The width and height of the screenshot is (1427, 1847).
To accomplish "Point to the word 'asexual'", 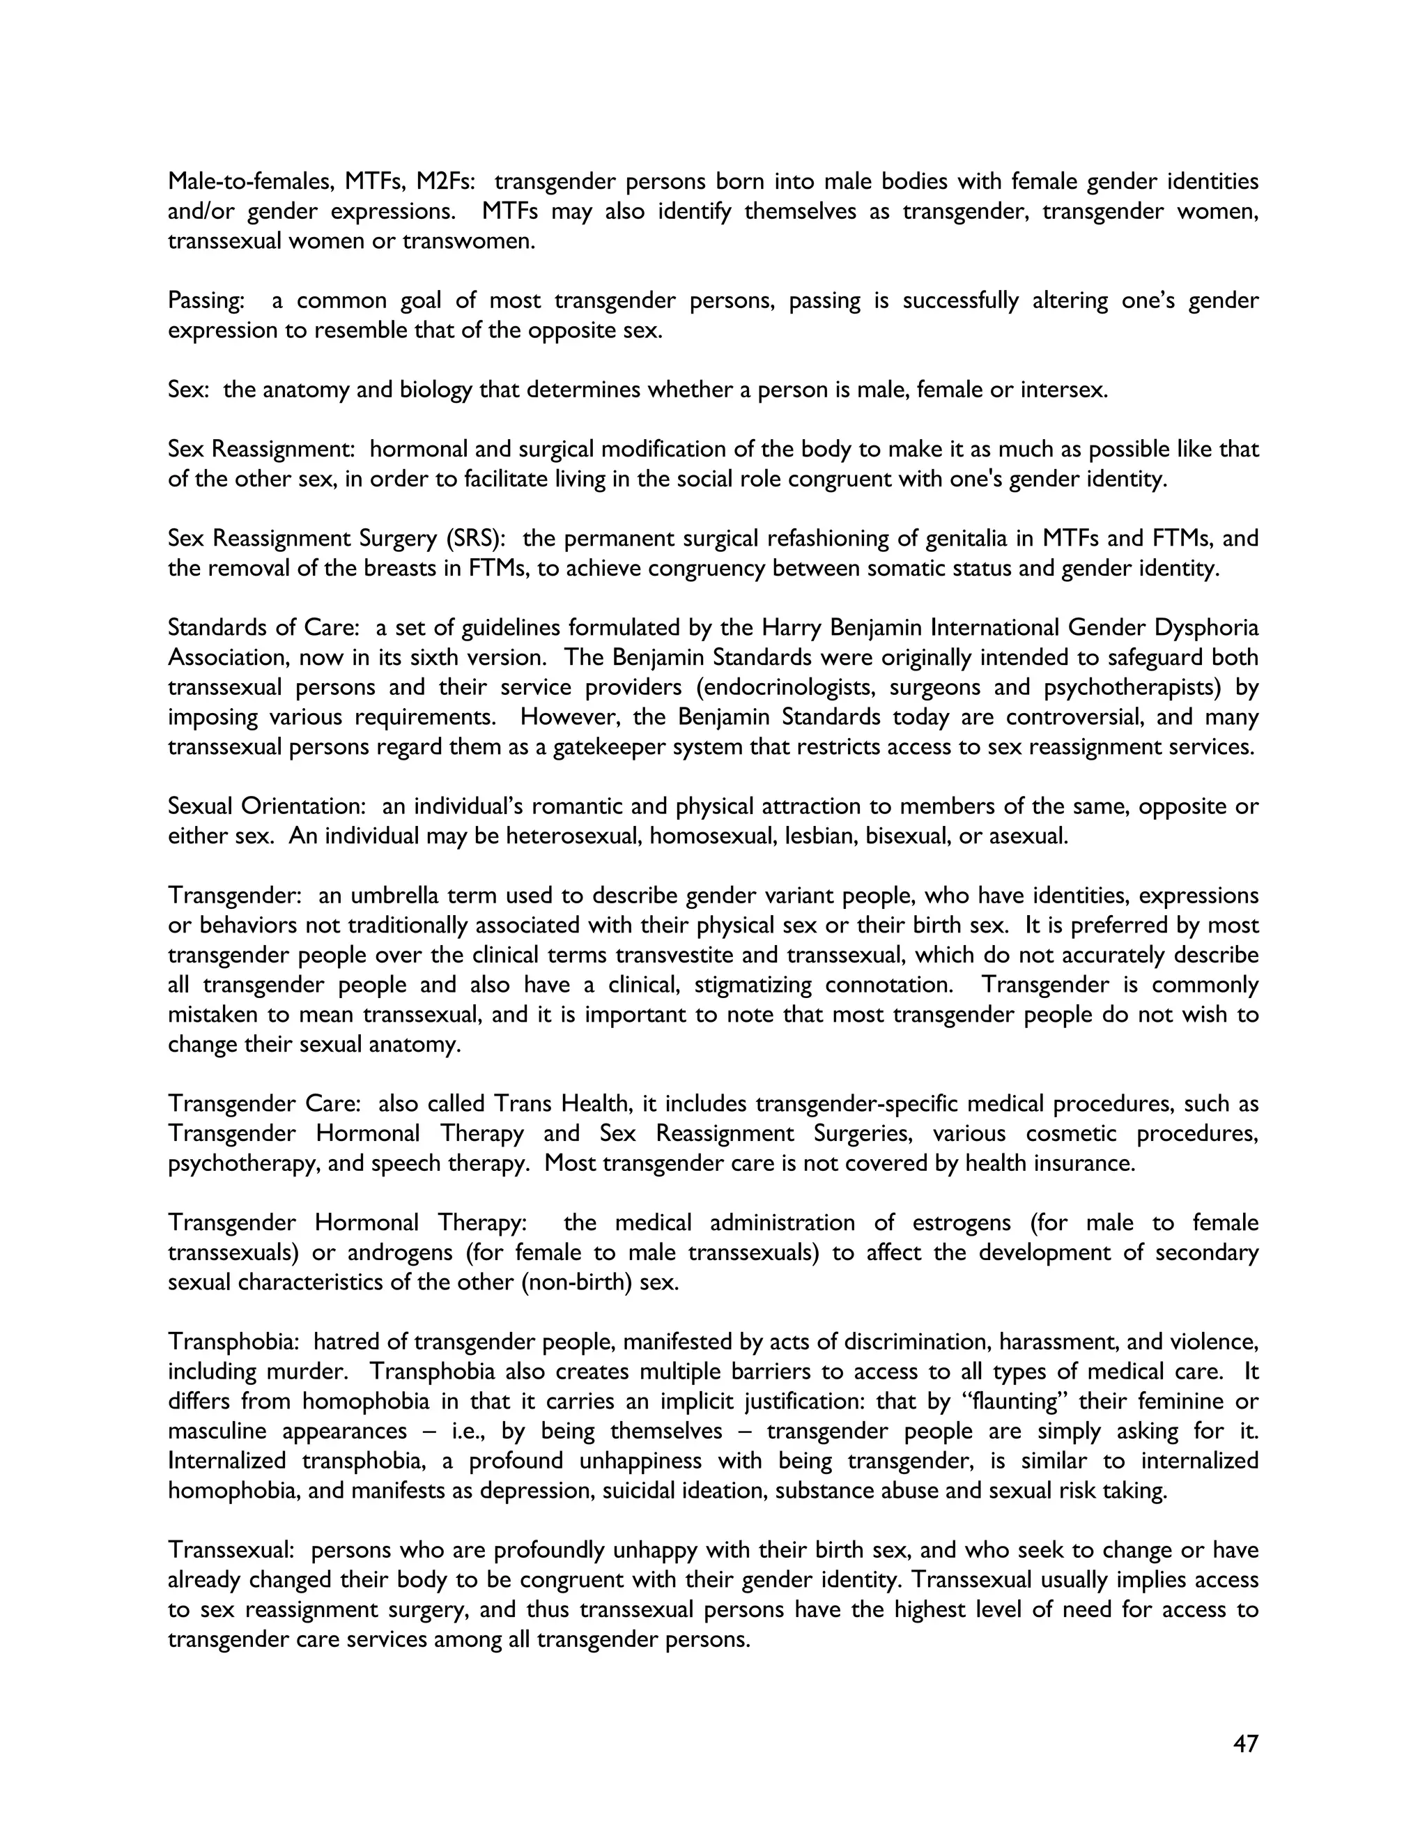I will (1029, 836).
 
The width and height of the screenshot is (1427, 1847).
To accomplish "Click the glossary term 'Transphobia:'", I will (234, 1341).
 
